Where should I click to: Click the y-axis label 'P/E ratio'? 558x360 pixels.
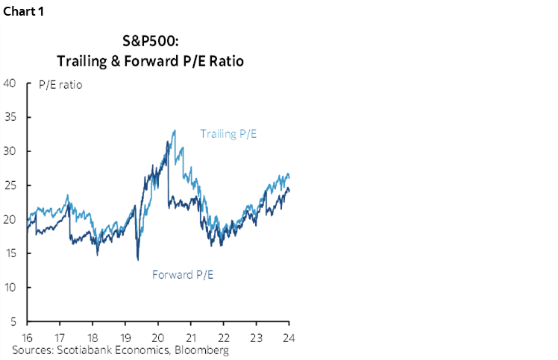pyautogui.click(x=60, y=84)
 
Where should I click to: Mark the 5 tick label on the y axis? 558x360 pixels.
pyautogui.click(x=13, y=322)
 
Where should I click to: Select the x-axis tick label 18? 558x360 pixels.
pyautogui.click(x=93, y=337)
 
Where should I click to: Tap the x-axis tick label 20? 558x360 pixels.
pyautogui.click(x=158, y=337)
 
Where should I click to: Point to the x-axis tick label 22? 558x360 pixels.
pyautogui.click(x=223, y=337)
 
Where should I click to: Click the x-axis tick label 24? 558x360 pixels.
pyautogui.click(x=289, y=337)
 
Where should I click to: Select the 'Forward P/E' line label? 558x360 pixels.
pyautogui.click(x=183, y=274)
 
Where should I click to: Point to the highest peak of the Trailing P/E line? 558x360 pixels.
pyautogui.click(x=175, y=130)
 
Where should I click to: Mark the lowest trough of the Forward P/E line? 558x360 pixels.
pyautogui.click(x=137, y=259)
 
